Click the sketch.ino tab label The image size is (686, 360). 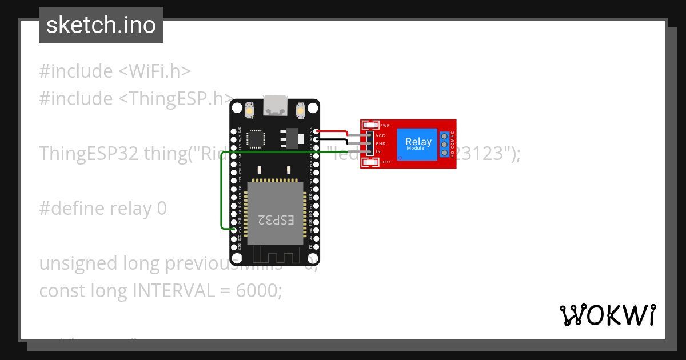tap(101, 25)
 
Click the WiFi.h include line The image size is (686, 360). tap(114, 71)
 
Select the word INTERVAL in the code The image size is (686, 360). tap(174, 291)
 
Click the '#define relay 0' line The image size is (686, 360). tap(103, 209)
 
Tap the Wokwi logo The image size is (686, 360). tap(607, 315)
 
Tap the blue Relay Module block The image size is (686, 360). tap(418, 144)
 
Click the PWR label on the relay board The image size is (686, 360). tap(385, 125)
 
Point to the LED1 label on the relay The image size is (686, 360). tap(385, 162)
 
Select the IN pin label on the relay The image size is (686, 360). tap(378, 151)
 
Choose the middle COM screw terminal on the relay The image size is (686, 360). tap(444, 145)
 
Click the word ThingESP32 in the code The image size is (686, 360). tap(89, 154)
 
